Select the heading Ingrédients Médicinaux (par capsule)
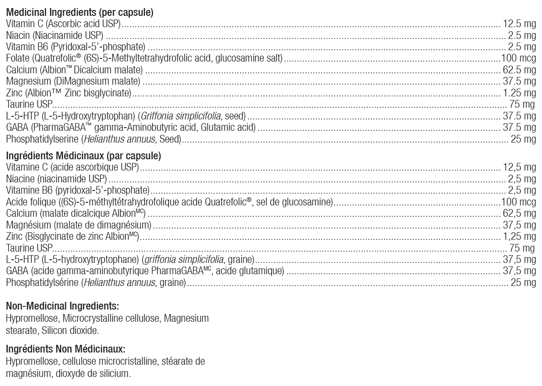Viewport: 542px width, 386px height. coord(84,157)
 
